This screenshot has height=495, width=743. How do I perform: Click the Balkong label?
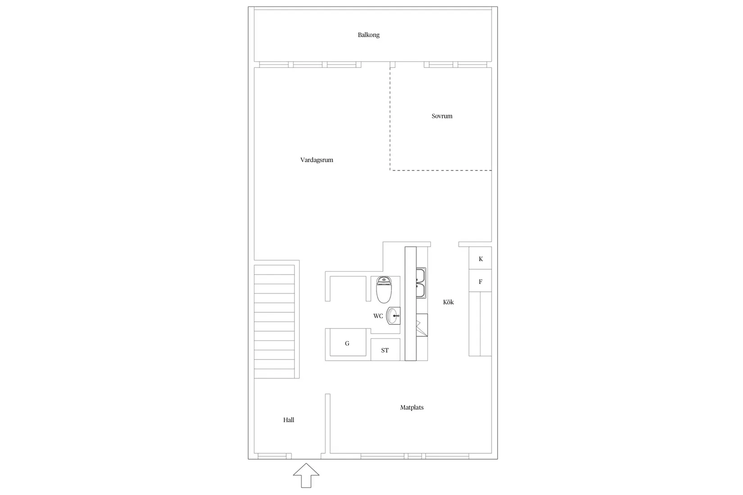tap(368, 35)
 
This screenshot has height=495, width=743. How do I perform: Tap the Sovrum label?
tap(442, 116)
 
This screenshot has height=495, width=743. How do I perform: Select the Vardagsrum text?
tap(317, 160)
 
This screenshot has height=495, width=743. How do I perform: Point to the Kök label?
tap(448, 302)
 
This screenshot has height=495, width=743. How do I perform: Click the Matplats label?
tap(412, 407)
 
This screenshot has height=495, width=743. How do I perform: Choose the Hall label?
tap(289, 420)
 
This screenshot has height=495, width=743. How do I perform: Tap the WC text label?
tap(378, 316)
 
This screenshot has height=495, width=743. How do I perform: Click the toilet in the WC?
tap(384, 289)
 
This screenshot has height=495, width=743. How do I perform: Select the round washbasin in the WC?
tap(393, 315)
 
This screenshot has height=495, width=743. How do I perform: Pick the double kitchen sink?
tap(421, 283)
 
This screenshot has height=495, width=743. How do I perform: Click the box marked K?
tap(480, 259)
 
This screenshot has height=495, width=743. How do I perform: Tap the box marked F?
tap(480, 282)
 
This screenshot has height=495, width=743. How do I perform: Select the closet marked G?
tap(347, 343)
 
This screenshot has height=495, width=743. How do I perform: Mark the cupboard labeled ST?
tap(385, 350)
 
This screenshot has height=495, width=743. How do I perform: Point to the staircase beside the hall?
tap(274, 321)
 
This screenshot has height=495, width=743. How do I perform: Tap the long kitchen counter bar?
tap(410, 304)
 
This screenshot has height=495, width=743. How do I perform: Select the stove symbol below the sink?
tap(422, 325)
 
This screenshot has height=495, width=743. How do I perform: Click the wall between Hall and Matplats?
tap(328, 423)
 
